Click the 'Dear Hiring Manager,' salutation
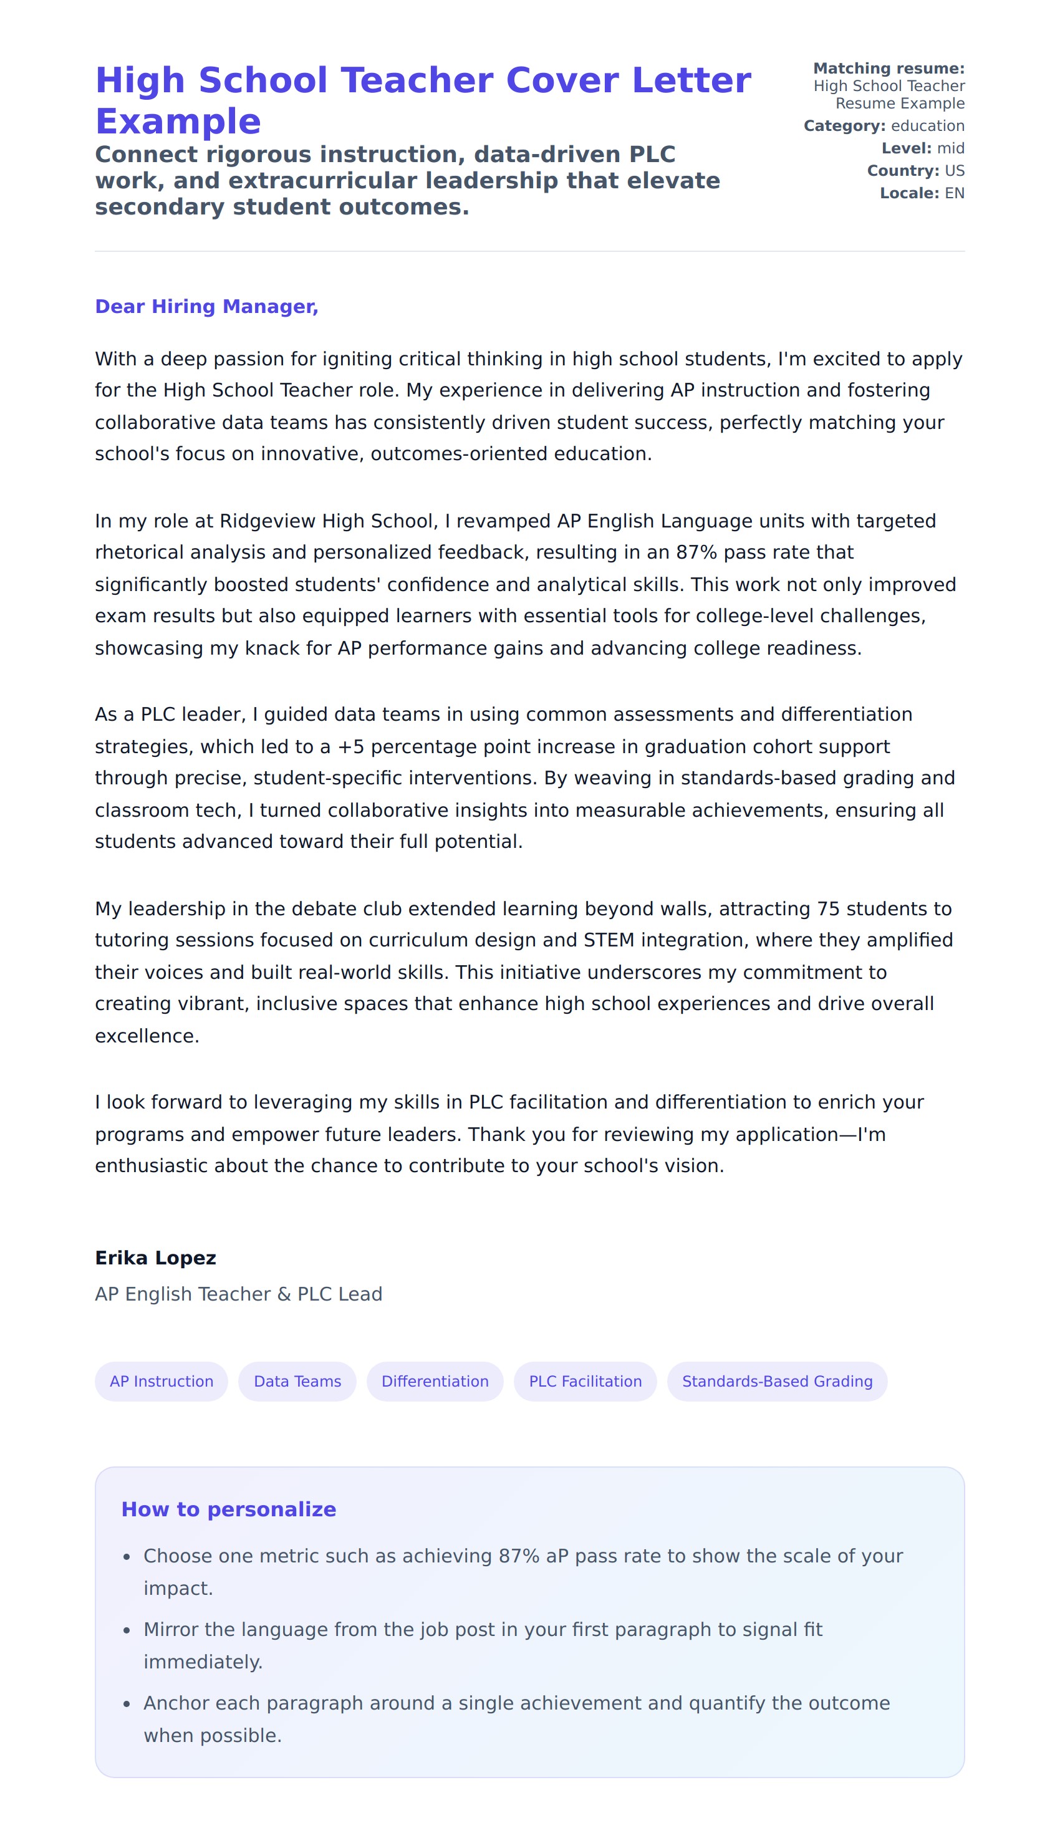coord(207,307)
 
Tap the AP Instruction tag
coord(161,1381)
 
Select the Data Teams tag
coord(297,1381)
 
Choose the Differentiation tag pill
coord(435,1381)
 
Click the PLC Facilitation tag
coord(585,1381)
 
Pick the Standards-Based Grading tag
coord(777,1381)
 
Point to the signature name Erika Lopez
coord(155,1258)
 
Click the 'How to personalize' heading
coord(229,1509)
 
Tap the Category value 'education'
coord(928,126)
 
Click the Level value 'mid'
coord(950,148)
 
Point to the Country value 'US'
coord(955,171)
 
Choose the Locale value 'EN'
coord(955,194)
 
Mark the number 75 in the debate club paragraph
coord(829,908)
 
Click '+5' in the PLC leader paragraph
coord(350,747)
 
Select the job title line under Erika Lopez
coord(238,1294)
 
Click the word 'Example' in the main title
coord(178,122)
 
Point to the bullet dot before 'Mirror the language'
coord(127,1631)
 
